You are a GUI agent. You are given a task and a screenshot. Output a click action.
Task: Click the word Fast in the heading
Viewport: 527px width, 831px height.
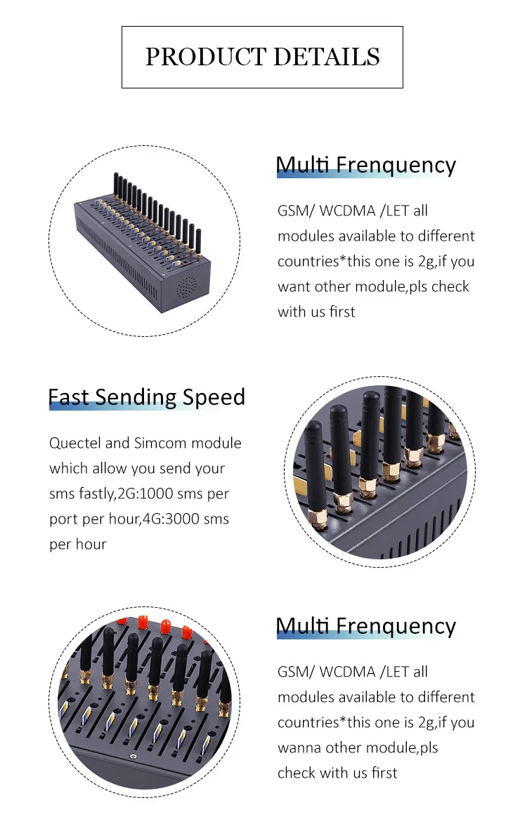point(68,397)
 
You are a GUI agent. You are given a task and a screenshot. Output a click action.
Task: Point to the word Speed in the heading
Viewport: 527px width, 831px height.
point(214,398)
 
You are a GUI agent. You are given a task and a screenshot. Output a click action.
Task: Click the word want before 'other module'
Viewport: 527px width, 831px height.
point(294,287)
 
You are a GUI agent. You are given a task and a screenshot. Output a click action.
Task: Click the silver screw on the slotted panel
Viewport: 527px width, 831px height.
point(132,757)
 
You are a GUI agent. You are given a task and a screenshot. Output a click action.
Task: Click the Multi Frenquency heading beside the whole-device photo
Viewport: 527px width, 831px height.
point(365,166)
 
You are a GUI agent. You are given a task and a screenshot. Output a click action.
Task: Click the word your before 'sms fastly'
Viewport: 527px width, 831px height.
point(206,469)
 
